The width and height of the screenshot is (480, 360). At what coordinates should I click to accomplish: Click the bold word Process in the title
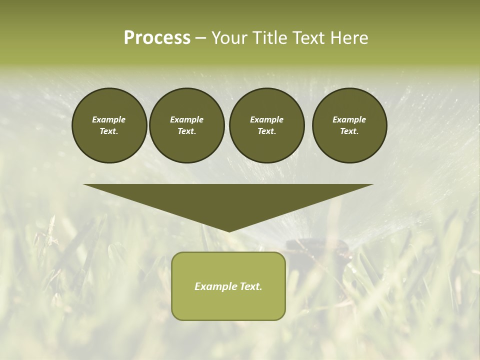[157, 38]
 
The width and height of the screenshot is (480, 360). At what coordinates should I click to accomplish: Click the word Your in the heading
[228, 38]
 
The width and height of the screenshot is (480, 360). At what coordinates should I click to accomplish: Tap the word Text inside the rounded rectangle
[251, 286]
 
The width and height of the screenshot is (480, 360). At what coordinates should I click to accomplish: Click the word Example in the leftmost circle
[109, 119]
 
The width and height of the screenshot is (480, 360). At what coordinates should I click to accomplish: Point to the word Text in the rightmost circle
[349, 131]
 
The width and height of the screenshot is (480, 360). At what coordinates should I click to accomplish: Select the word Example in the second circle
[186, 119]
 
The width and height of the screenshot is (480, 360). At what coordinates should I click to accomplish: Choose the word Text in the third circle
[266, 131]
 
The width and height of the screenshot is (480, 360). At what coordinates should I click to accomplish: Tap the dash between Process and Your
[200, 38]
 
